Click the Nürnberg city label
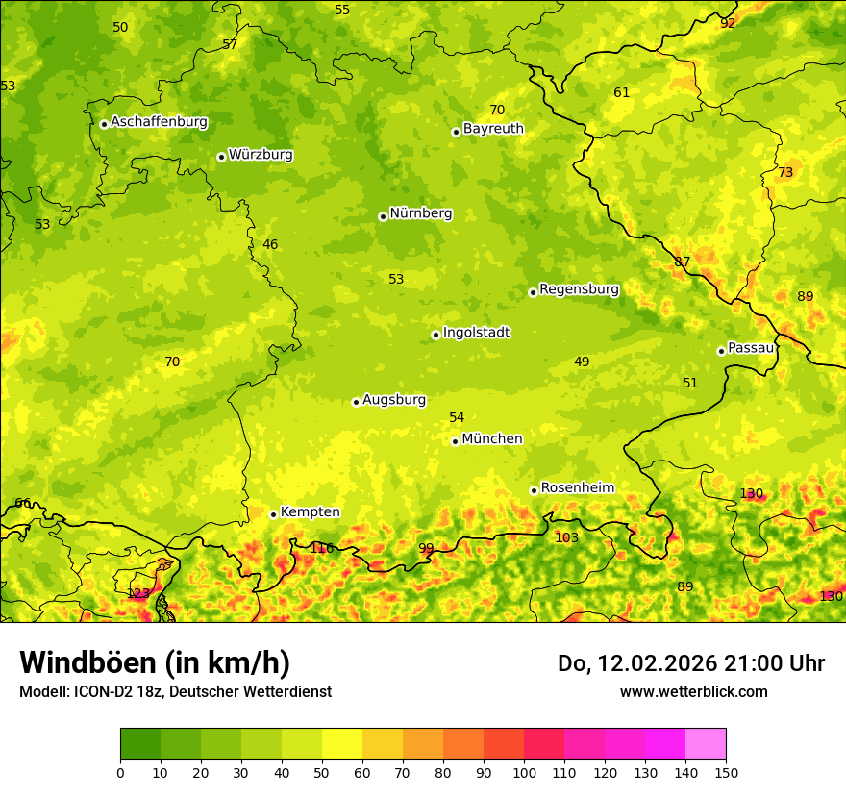pos(420,213)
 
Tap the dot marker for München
pos(455,441)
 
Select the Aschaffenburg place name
pos(159,122)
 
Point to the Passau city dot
pos(721,351)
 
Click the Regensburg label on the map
pos(579,289)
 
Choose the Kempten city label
pos(310,512)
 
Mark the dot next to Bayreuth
pos(456,132)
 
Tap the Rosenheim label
pos(577,488)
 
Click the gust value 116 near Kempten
pos(322,548)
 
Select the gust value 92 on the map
pos(728,23)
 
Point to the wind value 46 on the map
pos(270,244)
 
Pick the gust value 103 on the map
pos(567,537)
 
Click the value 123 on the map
pos(138,593)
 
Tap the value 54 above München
pos(457,417)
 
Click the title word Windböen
pos(87,662)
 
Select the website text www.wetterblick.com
pos(693,691)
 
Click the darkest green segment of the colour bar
pos(140,744)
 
